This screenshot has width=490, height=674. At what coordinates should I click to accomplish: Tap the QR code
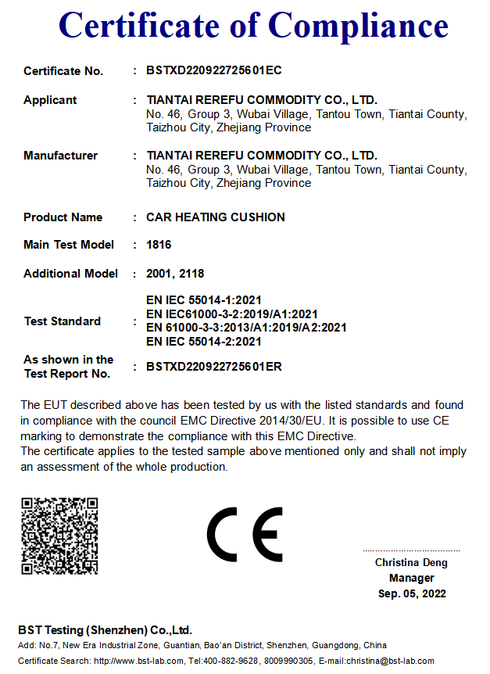59,536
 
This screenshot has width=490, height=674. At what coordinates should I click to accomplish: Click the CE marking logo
245,535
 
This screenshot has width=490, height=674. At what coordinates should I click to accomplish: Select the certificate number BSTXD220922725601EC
213,70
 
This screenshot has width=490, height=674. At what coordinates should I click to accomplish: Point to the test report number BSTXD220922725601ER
213,366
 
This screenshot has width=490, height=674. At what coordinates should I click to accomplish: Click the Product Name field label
63,217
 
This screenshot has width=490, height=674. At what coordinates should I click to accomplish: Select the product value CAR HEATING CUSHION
215,217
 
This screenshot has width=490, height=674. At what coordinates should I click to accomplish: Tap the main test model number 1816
159,245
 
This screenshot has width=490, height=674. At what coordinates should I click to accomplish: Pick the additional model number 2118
191,274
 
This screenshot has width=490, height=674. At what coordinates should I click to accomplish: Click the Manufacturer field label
60,156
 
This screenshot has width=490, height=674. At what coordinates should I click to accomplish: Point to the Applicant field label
50,100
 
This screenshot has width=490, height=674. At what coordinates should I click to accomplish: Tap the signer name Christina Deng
411,562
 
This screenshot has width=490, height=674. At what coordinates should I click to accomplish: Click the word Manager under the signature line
411,578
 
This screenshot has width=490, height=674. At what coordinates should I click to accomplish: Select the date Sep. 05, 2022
412,593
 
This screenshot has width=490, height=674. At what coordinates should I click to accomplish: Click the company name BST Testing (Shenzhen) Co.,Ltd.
105,630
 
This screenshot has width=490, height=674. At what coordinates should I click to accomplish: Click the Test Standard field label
62,321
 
